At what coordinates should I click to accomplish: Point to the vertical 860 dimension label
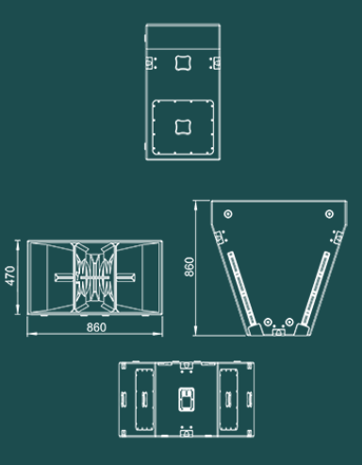[189, 268]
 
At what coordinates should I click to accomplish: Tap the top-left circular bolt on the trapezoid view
[226, 215]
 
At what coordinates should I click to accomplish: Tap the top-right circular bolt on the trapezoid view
[330, 215]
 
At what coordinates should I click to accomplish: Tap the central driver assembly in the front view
[95, 277]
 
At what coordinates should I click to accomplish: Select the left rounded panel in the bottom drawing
[142, 399]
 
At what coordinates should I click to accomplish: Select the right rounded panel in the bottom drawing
[228, 399]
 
